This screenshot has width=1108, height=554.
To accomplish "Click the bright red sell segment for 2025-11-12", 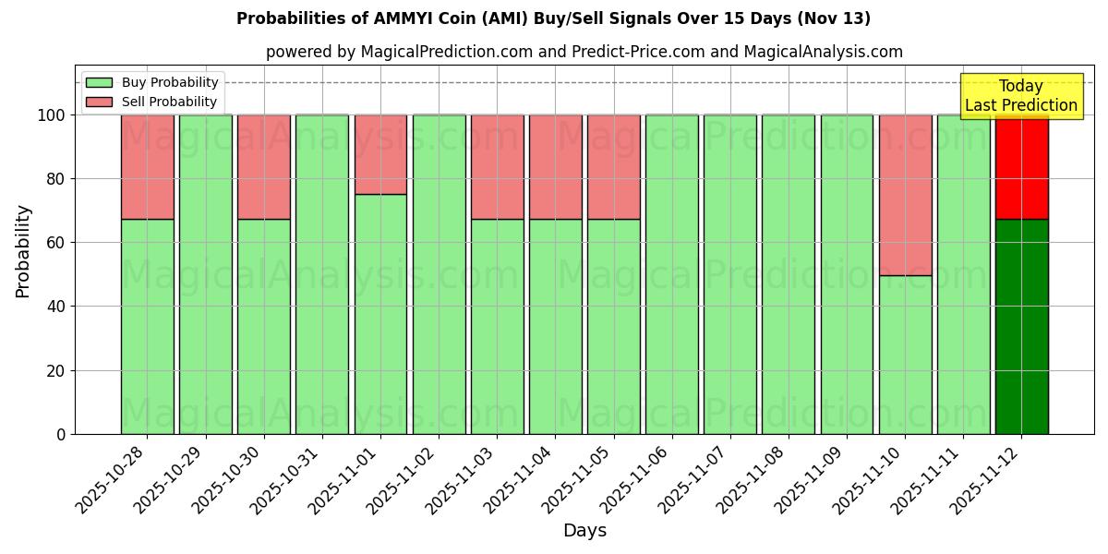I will (1021, 167).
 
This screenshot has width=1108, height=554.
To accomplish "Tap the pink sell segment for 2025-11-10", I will (905, 195).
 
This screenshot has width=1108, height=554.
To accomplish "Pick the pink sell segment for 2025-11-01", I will (380, 154).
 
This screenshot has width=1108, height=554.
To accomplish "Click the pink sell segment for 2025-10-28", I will (147, 167).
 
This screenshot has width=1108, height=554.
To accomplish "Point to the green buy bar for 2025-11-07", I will (729, 274).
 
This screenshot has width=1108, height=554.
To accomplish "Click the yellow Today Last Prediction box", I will (1020, 96).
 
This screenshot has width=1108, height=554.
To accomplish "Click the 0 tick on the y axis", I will (60, 434).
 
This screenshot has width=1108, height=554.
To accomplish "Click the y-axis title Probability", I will (23, 251).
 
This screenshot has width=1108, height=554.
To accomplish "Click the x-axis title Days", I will (584, 531).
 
